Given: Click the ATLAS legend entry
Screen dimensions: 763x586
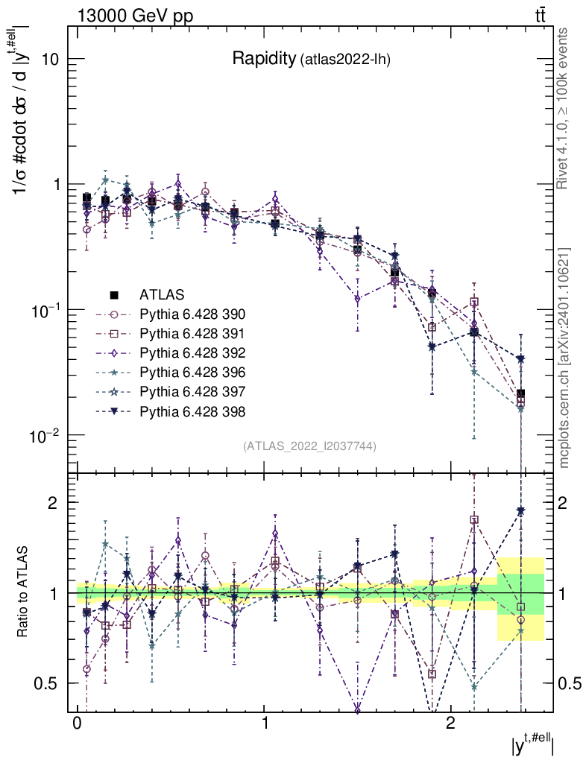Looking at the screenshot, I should tap(161, 294).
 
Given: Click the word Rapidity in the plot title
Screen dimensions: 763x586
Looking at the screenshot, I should tap(264, 59).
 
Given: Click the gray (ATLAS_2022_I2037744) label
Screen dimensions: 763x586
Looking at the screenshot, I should tap(309, 446).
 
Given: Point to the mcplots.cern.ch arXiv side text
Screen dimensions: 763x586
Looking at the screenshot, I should tap(565, 357).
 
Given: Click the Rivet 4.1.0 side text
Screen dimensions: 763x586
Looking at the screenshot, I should tap(565, 107).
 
